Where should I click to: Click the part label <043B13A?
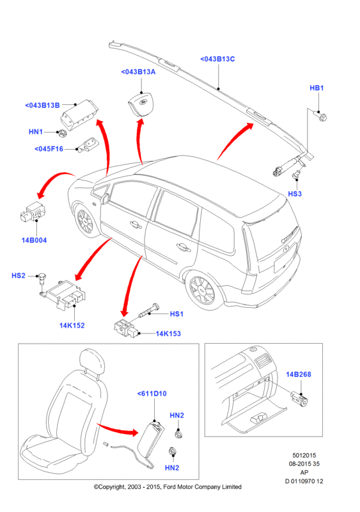(138, 72)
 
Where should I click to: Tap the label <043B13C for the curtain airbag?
(217, 59)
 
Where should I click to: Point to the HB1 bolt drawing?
(320, 116)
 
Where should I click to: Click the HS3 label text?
(295, 194)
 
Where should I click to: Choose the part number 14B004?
(34, 241)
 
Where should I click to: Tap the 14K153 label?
(168, 333)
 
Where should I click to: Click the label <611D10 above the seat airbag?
(152, 394)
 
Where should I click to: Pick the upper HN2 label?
(176, 415)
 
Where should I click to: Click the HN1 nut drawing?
(61, 133)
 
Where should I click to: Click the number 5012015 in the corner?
(304, 455)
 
